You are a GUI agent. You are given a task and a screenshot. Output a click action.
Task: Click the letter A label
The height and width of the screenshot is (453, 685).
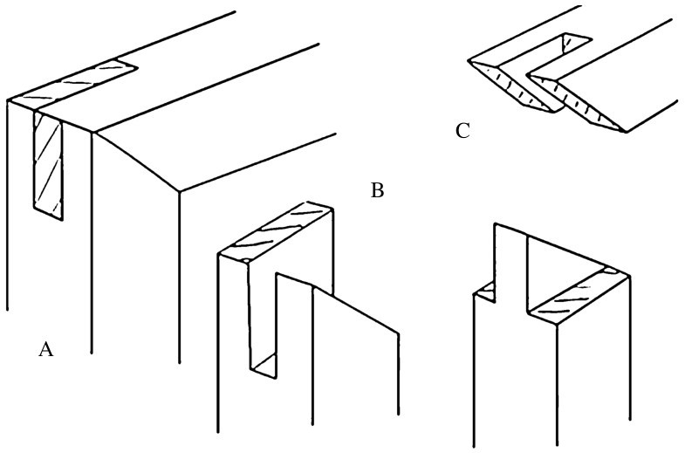46,350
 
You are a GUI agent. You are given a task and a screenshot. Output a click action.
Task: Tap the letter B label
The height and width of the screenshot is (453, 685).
377,190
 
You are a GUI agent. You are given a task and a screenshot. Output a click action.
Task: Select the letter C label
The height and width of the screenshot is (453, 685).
462,132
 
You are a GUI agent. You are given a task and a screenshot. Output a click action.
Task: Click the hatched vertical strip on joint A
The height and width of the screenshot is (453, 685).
49,164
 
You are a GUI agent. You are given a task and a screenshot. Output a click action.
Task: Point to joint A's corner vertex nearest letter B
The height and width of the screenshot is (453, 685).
179,190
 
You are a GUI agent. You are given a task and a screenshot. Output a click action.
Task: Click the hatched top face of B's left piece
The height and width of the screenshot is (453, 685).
276,230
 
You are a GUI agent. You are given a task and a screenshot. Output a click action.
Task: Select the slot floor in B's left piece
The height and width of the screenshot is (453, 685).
265,365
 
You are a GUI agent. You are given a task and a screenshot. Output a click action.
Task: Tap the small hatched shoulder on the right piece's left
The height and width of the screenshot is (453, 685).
485,289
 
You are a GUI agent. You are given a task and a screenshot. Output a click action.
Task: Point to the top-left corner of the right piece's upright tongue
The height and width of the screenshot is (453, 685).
496,224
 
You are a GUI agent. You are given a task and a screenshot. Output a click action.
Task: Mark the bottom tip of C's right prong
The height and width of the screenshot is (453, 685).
625,132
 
